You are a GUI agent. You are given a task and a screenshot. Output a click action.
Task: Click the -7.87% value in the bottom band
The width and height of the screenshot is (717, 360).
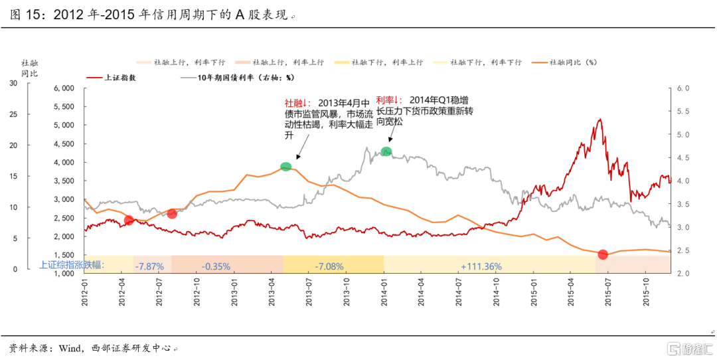pos(149,266)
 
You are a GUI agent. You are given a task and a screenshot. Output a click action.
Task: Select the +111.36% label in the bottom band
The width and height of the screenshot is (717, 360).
pos(481,266)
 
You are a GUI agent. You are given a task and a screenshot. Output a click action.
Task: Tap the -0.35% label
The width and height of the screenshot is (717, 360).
pos(216,266)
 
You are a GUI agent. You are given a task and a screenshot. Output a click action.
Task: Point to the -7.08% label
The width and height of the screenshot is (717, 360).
pos(329,266)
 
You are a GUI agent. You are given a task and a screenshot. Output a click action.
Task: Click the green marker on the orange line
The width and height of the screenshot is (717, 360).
pos(286,167)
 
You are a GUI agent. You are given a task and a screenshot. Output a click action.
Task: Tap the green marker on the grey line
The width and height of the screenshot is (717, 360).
pos(386,151)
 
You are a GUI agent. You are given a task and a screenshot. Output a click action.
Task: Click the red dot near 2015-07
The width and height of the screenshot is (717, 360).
pos(603,254)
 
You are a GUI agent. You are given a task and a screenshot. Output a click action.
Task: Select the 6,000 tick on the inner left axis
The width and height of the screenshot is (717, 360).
pos(66,88)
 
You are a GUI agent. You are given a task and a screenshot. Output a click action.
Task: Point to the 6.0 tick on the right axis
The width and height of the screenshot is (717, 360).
pos(683,88)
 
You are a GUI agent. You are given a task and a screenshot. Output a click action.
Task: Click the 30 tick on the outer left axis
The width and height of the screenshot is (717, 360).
pos(13,83)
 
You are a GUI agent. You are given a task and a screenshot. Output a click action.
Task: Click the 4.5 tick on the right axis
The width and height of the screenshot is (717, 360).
pos(683,157)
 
